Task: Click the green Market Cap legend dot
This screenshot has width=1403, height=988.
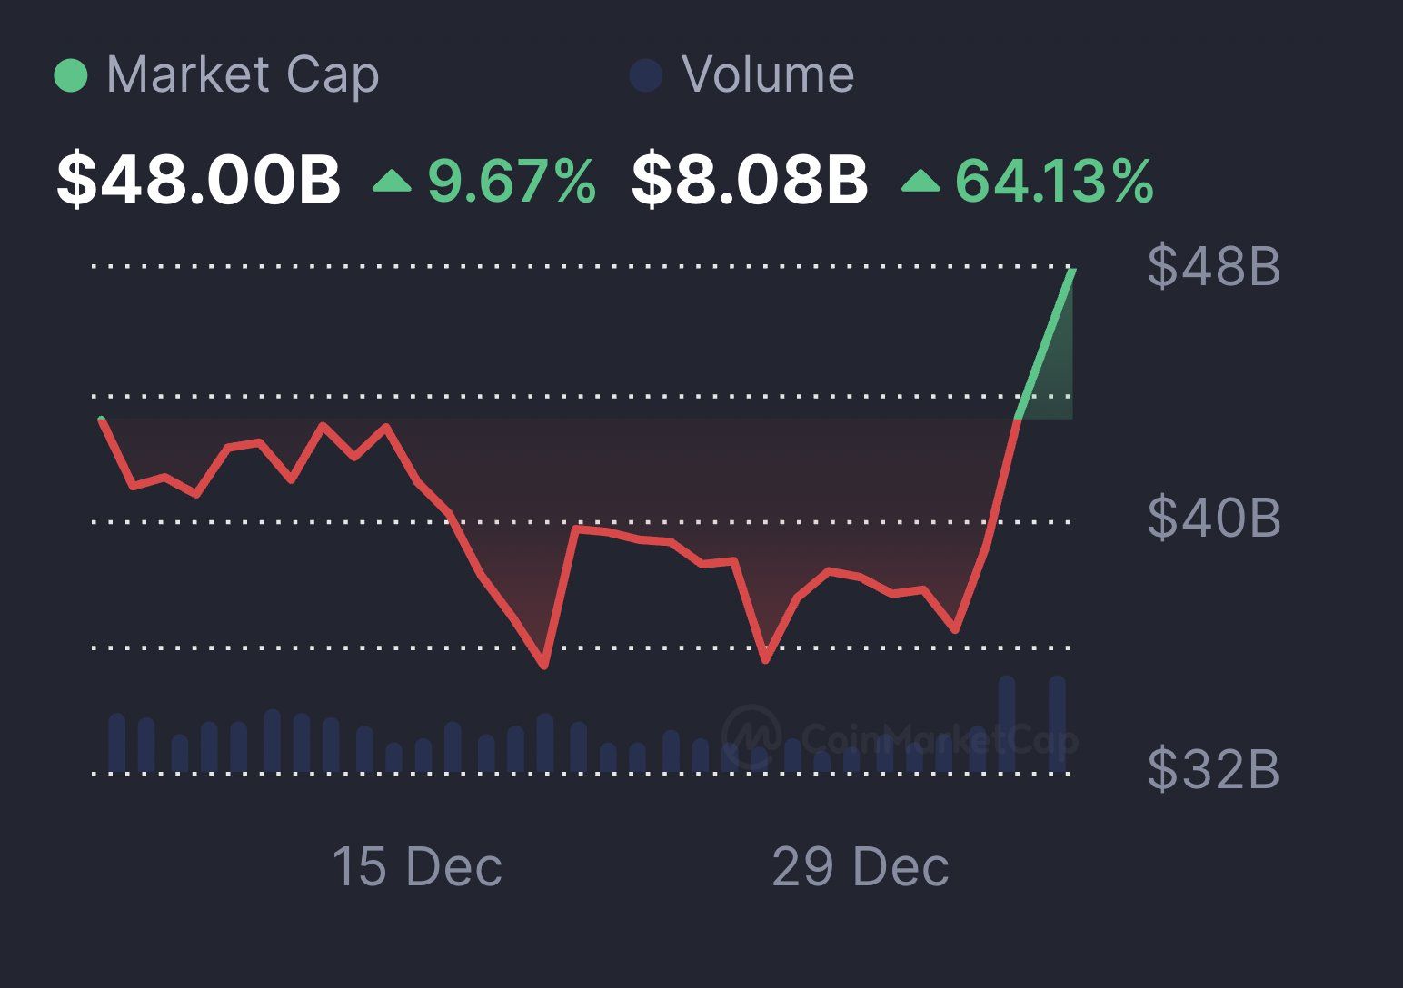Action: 71,75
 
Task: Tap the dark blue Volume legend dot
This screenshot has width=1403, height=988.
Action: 645,75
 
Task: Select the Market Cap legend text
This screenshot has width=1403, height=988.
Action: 243,74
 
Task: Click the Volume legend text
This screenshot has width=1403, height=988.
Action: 768,74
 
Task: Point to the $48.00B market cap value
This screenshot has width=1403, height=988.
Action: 198,179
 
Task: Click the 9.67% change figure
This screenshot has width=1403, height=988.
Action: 512,180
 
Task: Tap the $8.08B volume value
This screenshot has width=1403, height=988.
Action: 750,179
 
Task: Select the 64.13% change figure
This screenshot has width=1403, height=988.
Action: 1054,180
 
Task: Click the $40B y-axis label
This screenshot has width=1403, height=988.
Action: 1214,518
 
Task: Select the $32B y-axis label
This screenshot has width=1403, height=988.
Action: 1214,769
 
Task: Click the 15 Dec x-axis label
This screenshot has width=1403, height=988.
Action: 417,866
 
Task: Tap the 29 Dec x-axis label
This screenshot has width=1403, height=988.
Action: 861,866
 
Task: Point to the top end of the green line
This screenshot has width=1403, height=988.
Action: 1073,270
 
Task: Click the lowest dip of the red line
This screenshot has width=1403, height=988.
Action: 544,666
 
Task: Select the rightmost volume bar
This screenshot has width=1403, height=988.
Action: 1057,724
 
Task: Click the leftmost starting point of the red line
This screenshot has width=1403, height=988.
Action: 102,420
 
